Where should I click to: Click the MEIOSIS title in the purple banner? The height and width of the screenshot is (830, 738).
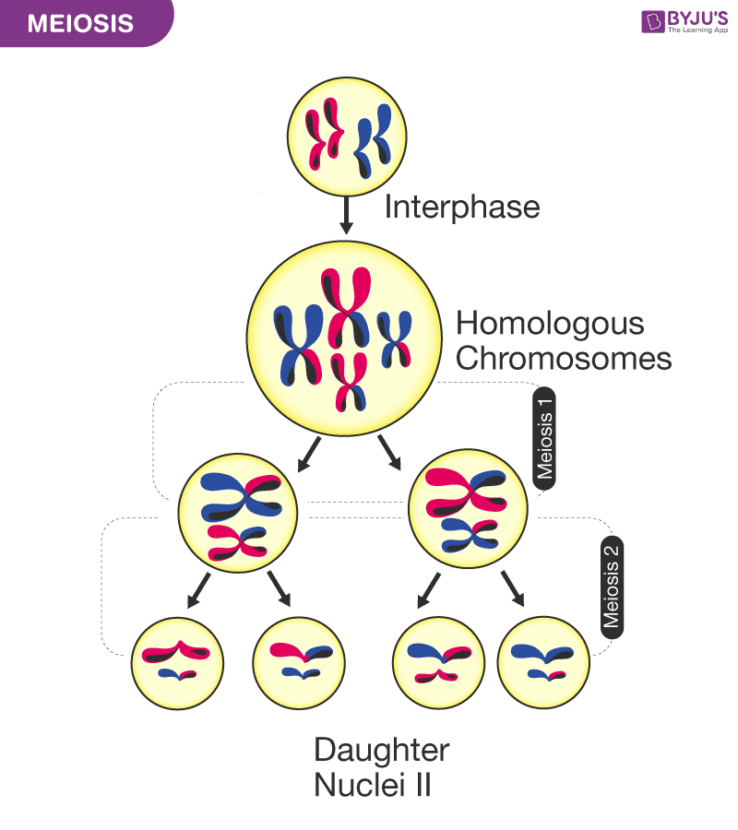(x=79, y=23)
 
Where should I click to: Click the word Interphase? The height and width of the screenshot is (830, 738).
(x=461, y=207)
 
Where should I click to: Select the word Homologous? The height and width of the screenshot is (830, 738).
(x=550, y=324)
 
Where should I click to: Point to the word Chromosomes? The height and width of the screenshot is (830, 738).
(x=564, y=358)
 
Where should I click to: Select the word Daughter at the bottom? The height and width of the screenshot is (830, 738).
(x=381, y=750)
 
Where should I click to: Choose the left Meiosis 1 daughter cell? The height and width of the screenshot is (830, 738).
(x=238, y=510)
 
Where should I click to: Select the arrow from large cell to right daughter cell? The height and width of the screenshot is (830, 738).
(x=390, y=452)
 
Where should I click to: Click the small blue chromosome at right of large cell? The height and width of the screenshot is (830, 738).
(x=394, y=339)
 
